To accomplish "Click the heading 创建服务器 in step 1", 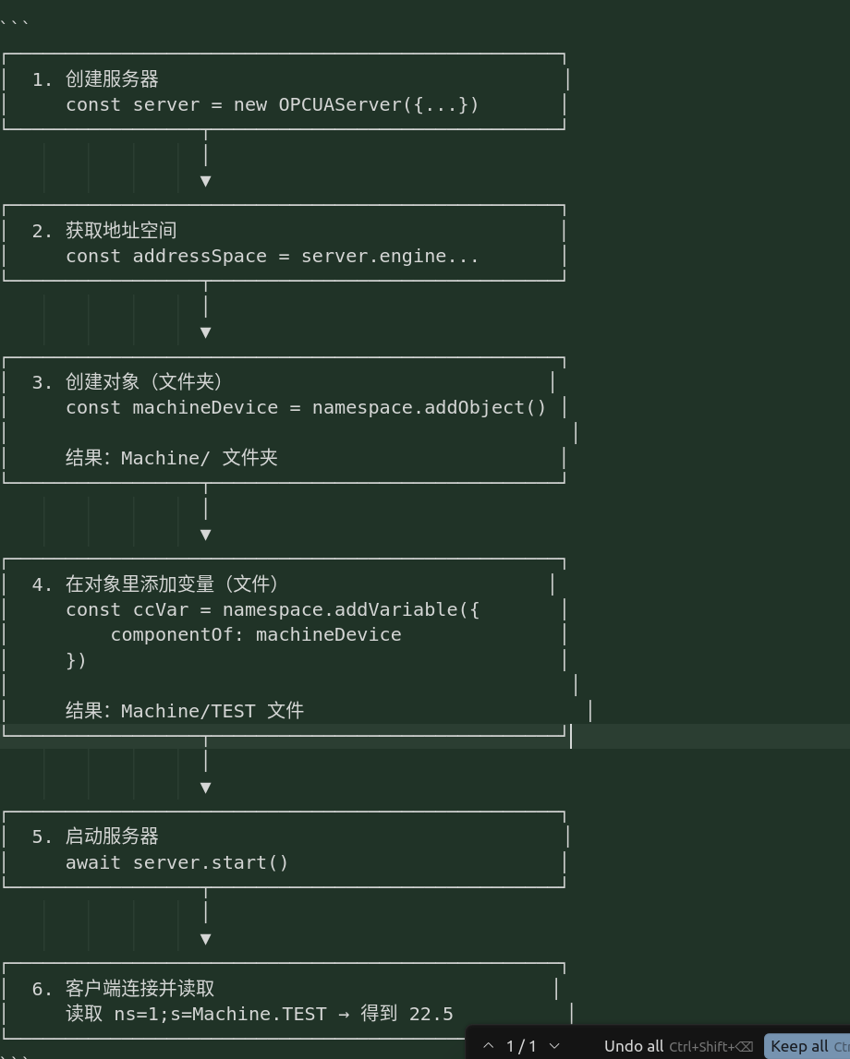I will (x=112, y=79).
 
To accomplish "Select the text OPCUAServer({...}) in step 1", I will (x=379, y=105).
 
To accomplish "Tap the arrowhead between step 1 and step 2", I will (x=205, y=181).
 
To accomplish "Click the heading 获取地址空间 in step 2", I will (x=121, y=231).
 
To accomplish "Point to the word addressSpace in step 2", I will (x=200, y=257).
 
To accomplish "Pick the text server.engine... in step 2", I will (x=390, y=257).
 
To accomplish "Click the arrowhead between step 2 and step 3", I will (x=205, y=332).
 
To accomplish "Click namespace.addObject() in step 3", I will (x=430, y=408).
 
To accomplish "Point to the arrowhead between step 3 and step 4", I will (x=205, y=535).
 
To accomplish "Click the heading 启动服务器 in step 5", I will (x=112, y=836).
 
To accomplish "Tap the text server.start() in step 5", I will (x=211, y=862).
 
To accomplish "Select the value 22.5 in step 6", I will (x=431, y=1015).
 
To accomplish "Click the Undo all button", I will (x=634, y=1046).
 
